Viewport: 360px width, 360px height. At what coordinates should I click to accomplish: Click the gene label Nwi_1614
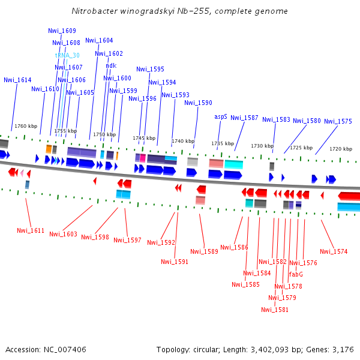[17, 80]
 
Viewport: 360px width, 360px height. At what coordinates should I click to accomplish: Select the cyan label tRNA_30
[67, 55]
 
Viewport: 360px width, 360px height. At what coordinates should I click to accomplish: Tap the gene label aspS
[221, 117]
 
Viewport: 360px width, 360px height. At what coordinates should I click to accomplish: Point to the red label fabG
[296, 274]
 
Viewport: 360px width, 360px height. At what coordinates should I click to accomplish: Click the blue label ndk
[111, 65]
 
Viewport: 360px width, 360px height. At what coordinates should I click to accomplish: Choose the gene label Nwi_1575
[338, 121]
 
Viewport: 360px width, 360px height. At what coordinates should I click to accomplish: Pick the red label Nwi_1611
[31, 230]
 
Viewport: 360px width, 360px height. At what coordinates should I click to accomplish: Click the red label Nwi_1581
[275, 310]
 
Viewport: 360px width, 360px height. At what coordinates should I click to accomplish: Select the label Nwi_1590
[198, 103]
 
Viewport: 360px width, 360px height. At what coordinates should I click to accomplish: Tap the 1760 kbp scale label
[26, 126]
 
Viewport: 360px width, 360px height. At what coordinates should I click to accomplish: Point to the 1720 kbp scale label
[341, 149]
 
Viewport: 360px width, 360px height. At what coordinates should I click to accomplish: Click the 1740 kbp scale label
[183, 141]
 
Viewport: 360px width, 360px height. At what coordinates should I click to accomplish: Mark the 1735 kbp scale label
[222, 143]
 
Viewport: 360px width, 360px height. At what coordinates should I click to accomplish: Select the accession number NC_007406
[65, 349]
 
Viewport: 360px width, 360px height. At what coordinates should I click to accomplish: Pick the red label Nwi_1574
[334, 251]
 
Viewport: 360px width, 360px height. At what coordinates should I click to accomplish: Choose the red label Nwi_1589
[204, 251]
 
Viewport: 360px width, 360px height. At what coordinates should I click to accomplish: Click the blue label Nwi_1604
[99, 40]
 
